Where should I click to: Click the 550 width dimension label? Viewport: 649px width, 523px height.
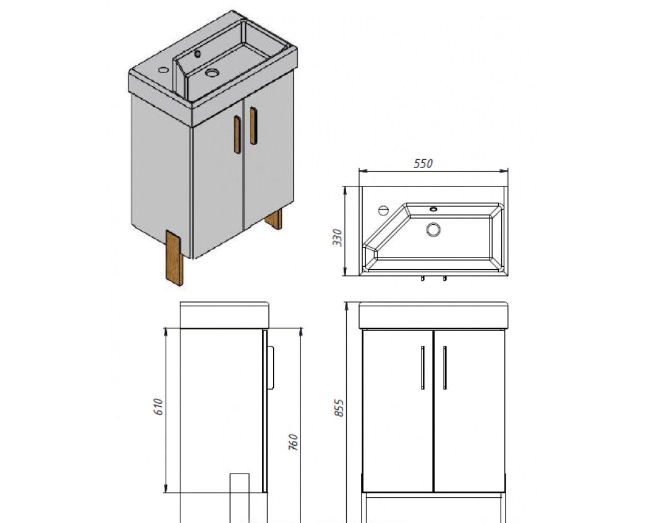[x=423, y=164]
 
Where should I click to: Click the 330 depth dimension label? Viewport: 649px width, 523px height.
[x=338, y=238]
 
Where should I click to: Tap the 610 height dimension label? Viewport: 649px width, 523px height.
[x=159, y=407]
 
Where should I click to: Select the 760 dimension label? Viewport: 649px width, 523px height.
[x=293, y=442]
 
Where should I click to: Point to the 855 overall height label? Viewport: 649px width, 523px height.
[x=339, y=408]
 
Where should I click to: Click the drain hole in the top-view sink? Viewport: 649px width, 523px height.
[x=433, y=230]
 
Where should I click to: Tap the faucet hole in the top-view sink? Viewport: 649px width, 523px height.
[x=383, y=211]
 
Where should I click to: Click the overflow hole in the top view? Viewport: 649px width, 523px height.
[x=433, y=209]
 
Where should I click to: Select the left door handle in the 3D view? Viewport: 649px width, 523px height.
[x=237, y=135]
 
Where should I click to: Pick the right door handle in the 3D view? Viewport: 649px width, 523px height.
[x=253, y=126]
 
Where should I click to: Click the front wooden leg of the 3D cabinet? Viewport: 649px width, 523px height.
[x=174, y=257]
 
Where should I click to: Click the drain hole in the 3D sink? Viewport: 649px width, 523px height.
[x=212, y=73]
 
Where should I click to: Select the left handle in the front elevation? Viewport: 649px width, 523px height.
[x=423, y=367]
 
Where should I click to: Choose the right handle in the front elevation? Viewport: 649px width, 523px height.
[x=444, y=367]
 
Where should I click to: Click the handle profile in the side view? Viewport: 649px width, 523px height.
[x=271, y=367]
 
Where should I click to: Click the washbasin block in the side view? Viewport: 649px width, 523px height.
[x=224, y=315]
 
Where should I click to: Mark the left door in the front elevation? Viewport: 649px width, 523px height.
[x=397, y=411]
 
